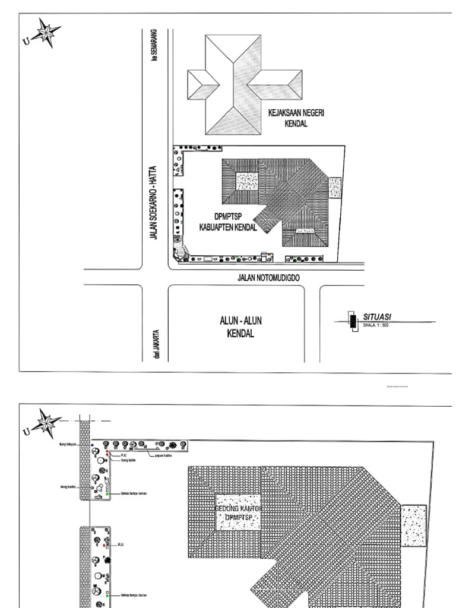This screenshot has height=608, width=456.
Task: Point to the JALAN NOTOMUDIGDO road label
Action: (x=268, y=277)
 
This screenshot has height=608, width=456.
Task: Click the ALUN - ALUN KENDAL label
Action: (x=240, y=327)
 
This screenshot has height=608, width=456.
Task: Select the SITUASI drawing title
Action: (x=377, y=317)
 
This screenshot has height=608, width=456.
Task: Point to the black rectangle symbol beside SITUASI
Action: (x=353, y=321)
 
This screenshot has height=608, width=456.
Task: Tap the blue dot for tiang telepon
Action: (x=92, y=444)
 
